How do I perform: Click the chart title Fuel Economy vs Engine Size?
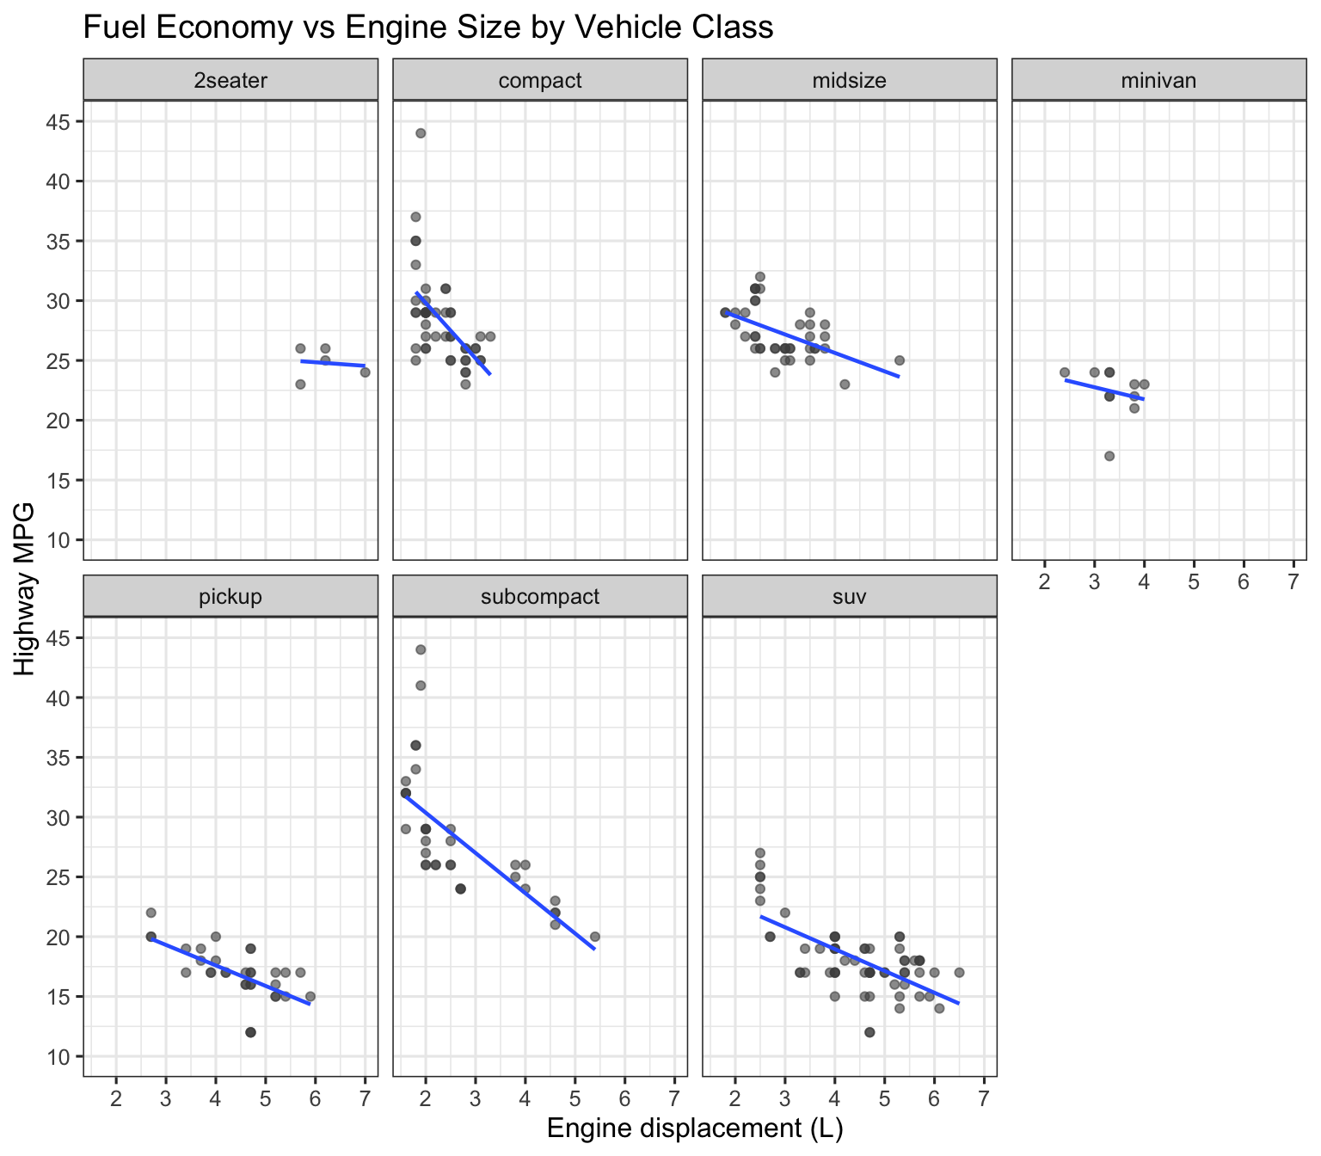coord(427,28)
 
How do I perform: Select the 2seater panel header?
coord(230,81)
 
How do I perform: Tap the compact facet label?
coord(540,81)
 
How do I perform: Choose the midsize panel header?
coord(850,81)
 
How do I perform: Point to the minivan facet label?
coord(1159,81)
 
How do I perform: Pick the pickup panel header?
coord(230,597)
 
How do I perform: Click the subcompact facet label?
coord(540,597)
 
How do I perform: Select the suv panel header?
coord(850,597)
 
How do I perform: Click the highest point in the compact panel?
coord(421,133)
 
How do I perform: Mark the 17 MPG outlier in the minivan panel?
coord(1109,456)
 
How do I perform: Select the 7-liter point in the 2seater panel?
coord(365,372)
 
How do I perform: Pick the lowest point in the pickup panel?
coord(250,1032)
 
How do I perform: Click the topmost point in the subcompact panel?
coord(421,649)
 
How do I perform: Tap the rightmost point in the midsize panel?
coord(900,360)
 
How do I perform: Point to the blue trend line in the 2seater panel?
coord(333,363)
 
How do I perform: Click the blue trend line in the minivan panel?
coord(1105,390)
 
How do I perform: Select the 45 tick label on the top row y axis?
coord(56,122)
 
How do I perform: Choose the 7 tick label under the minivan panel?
coord(1293,582)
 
